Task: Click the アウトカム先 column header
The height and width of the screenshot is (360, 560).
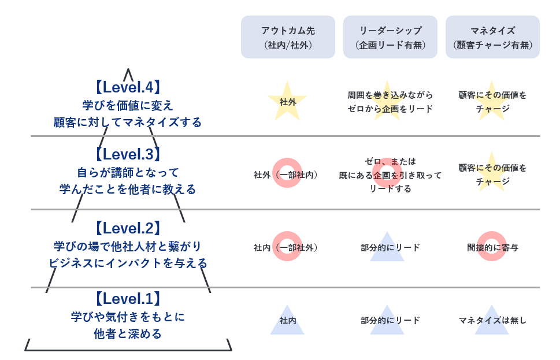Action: (288, 37)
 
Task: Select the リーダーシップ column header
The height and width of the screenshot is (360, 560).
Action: (390, 37)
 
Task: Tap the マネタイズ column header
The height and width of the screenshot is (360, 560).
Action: (492, 37)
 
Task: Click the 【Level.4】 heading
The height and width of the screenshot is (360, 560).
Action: (128, 87)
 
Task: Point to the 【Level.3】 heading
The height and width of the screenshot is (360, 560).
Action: (128, 154)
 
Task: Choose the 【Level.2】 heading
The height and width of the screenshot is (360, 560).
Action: (128, 228)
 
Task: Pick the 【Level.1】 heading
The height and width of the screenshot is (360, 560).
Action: (128, 299)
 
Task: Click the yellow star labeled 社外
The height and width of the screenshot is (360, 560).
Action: (287, 102)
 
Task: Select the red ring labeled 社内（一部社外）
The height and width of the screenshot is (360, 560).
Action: (287, 247)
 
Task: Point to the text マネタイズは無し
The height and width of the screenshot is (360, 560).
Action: (492, 320)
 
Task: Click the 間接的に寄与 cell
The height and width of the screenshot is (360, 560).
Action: (492, 247)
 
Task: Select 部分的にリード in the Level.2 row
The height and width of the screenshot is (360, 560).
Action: (390, 247)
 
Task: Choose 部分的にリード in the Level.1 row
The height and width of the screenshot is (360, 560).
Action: (390, 320)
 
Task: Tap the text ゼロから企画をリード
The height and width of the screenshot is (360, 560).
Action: (390, 109)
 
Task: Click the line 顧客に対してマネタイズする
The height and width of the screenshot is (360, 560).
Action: (128, 123)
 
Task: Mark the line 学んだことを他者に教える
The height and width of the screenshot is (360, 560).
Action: (128, 190)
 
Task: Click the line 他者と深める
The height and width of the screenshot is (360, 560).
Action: (128, 334)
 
